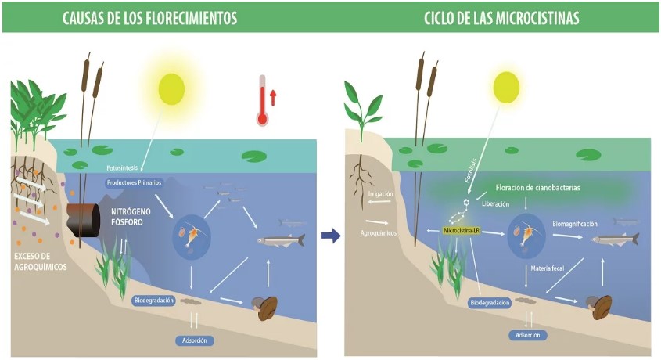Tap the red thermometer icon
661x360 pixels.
[x=263, y=101]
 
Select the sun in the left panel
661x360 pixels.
[x=171, y=88]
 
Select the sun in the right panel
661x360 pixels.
[x=506, y=86]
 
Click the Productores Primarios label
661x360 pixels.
[x=134, y=182]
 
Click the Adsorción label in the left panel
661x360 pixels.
[x=195, y=340]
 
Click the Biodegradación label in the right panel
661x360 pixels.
[x=490, y=302]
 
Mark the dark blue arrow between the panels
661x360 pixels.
[x=331, y=236]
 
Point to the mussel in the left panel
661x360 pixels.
[x=265, y=307]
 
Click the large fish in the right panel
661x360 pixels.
[x=615, y=240]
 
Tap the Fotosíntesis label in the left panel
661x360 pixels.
[x=126, y=167]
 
